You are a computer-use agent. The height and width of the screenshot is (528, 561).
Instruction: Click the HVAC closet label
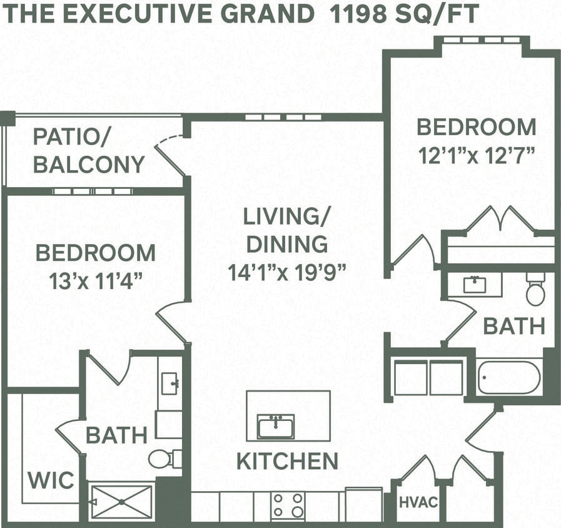tap(418, 502)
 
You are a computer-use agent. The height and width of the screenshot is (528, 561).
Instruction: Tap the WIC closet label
tap(51, 480)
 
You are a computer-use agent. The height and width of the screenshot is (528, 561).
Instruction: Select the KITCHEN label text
tap(287, 461)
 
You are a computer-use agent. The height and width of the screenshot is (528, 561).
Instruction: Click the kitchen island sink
tap(275, 427)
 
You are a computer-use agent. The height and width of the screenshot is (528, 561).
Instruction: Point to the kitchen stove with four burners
tap(288, 504)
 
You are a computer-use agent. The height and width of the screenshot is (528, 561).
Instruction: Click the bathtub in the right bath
tap(509, 377)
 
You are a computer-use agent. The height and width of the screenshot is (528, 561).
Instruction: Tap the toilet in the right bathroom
tap(535, 289)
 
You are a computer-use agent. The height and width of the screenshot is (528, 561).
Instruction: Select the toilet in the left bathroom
tap(164, 459)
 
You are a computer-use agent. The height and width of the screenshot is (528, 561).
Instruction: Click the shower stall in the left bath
tap(121, 500)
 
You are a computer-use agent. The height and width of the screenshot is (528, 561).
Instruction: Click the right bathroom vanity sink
tap(475, 285)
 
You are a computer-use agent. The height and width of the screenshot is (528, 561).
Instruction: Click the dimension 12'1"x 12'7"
tap(477, 154)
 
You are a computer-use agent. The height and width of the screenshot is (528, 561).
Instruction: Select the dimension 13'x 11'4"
tap(95, 281)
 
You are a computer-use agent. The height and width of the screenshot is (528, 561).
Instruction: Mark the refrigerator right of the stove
tap(363, 504)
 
